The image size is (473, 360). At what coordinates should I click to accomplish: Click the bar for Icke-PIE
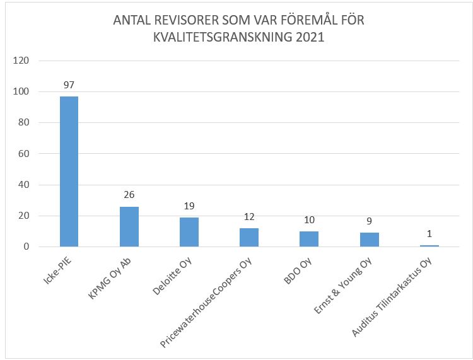tap(69, 171)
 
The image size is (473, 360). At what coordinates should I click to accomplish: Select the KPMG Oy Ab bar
tap(129, 226)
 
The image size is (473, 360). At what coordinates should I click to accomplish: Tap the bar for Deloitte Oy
tap(189, 232)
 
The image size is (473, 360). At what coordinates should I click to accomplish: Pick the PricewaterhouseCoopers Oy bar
tap(249, 237)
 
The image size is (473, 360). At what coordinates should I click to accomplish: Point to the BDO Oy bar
tap(309, 239)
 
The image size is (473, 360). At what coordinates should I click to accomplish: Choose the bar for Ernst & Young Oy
tap(369, 240)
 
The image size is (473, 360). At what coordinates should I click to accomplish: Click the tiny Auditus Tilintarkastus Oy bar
tap(429, 246)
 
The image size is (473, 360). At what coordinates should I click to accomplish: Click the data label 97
tap(69, 84)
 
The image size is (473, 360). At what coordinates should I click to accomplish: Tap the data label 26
tap(129, 195)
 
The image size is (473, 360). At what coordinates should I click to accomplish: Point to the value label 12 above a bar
tap(249, 216)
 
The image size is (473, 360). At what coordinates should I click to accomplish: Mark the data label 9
tap(369, 221)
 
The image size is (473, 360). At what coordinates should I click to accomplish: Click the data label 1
tap(429, 234)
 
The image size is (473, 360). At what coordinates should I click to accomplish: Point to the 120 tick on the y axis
tap(22, 61)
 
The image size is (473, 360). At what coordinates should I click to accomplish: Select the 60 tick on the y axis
tap(25, 154)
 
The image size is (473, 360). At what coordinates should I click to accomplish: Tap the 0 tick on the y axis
tap(27, 247)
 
